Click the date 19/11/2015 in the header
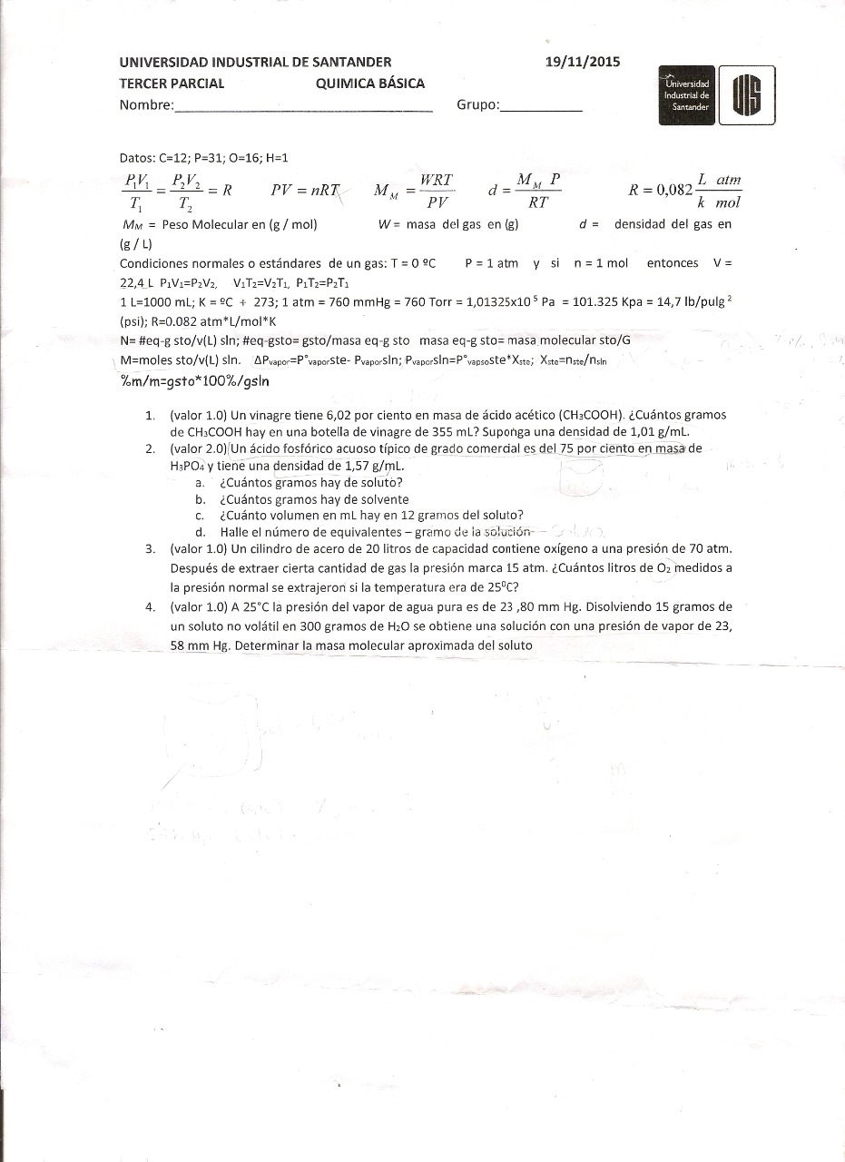click(583, 62)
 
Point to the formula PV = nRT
click(305, 191)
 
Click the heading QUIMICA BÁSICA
click(370, 84)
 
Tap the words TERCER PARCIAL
click(172, 84)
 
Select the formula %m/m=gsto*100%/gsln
click(195, 381)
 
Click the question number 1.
click(150, 415)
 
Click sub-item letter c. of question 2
click(200, 515)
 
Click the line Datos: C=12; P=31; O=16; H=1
click(203, 157)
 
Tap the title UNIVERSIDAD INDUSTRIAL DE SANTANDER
click(255, 62)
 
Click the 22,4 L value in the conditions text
click(138, 281)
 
